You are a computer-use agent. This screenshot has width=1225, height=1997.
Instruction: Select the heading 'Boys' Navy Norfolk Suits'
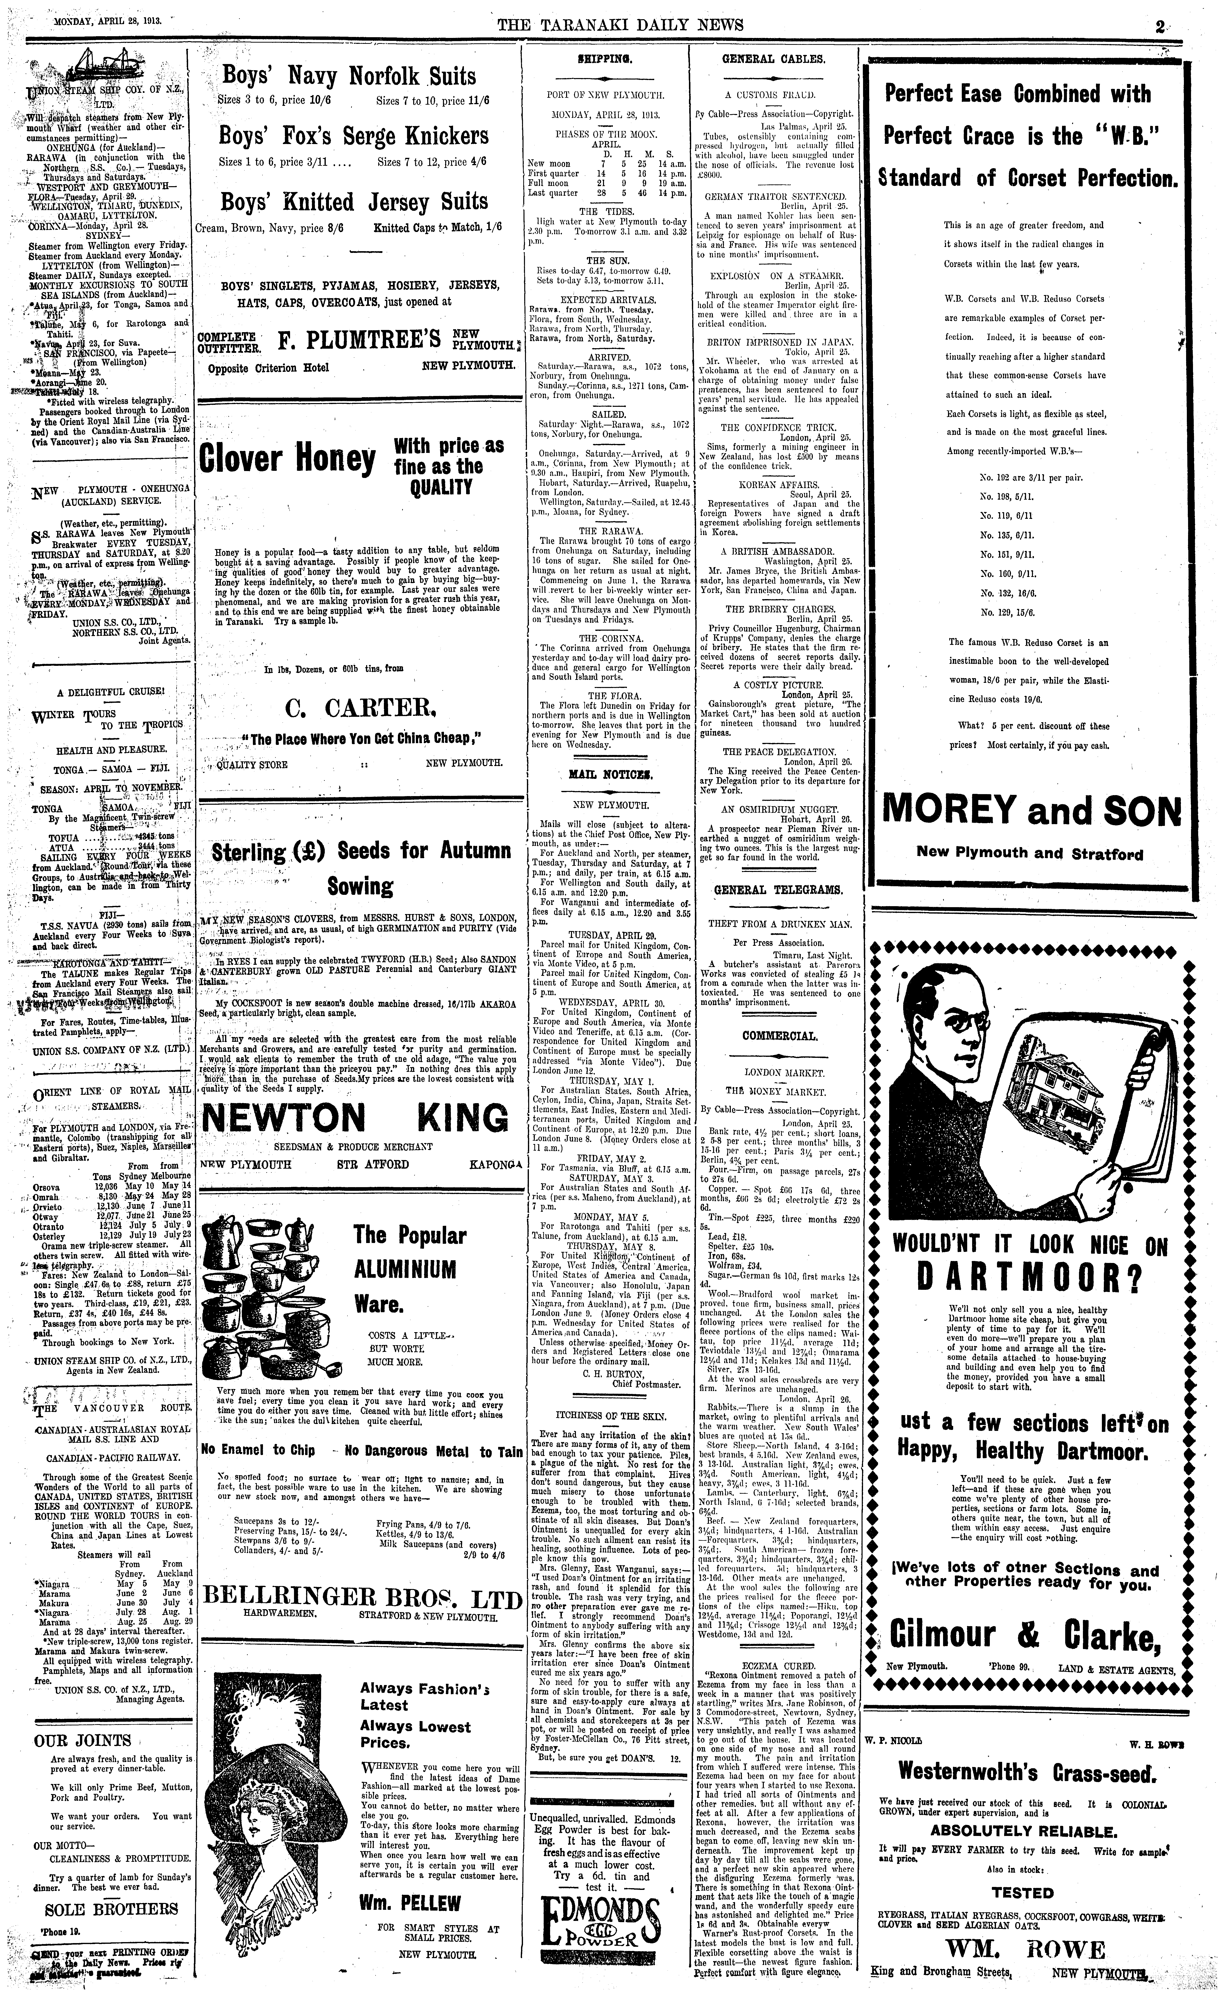coord(349,77)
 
